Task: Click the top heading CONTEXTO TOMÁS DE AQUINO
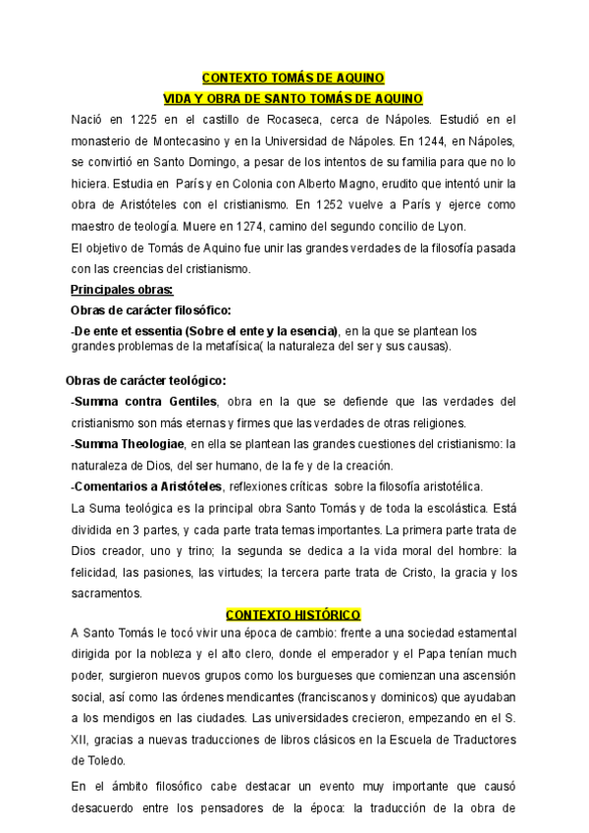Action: [x=294, y=78]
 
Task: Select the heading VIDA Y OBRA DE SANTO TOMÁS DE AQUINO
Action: [x=293, y=98]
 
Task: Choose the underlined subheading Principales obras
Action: [x=122, y=290]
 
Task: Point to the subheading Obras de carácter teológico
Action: [x=146, y=380]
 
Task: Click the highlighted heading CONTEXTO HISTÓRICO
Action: [x=294, y=614]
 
